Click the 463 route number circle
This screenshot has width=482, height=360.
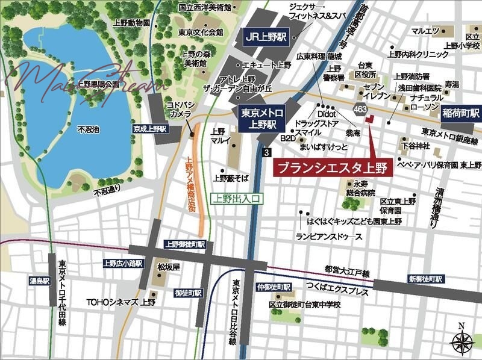(360, 109)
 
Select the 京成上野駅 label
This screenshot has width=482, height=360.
(150, 129)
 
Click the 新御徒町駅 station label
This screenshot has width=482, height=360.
(425, 279)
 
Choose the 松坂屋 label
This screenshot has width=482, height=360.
(168, 264)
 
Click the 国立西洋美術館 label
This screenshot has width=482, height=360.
(205, 7)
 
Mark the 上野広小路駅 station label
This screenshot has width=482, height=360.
(123, 263)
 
